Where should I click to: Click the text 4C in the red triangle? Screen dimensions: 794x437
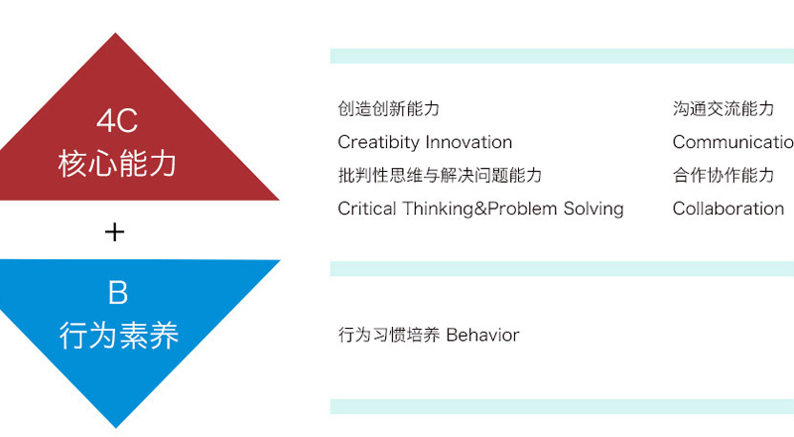117,120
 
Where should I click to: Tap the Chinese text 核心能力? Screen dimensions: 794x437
117,164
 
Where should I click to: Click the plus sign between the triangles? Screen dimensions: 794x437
114,232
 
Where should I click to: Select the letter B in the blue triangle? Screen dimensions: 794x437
118,293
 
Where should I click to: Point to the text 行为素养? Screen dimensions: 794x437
119,335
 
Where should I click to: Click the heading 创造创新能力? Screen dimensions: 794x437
388,108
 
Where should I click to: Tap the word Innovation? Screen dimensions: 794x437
468,142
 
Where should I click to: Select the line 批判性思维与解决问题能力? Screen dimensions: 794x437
440,176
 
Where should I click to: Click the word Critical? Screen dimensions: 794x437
366,209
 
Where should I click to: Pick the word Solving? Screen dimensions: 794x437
594,210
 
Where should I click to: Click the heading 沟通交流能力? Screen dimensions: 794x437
724,108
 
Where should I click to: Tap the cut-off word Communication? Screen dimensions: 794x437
733,142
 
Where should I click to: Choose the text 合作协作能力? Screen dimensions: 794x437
724,176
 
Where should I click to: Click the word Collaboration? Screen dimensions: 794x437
728,209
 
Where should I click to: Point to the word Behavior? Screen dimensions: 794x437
482,335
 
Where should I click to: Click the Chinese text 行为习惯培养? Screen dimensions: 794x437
389,335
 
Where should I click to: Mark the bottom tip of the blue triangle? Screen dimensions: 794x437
116,428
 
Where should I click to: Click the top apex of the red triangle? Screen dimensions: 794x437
115,34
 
